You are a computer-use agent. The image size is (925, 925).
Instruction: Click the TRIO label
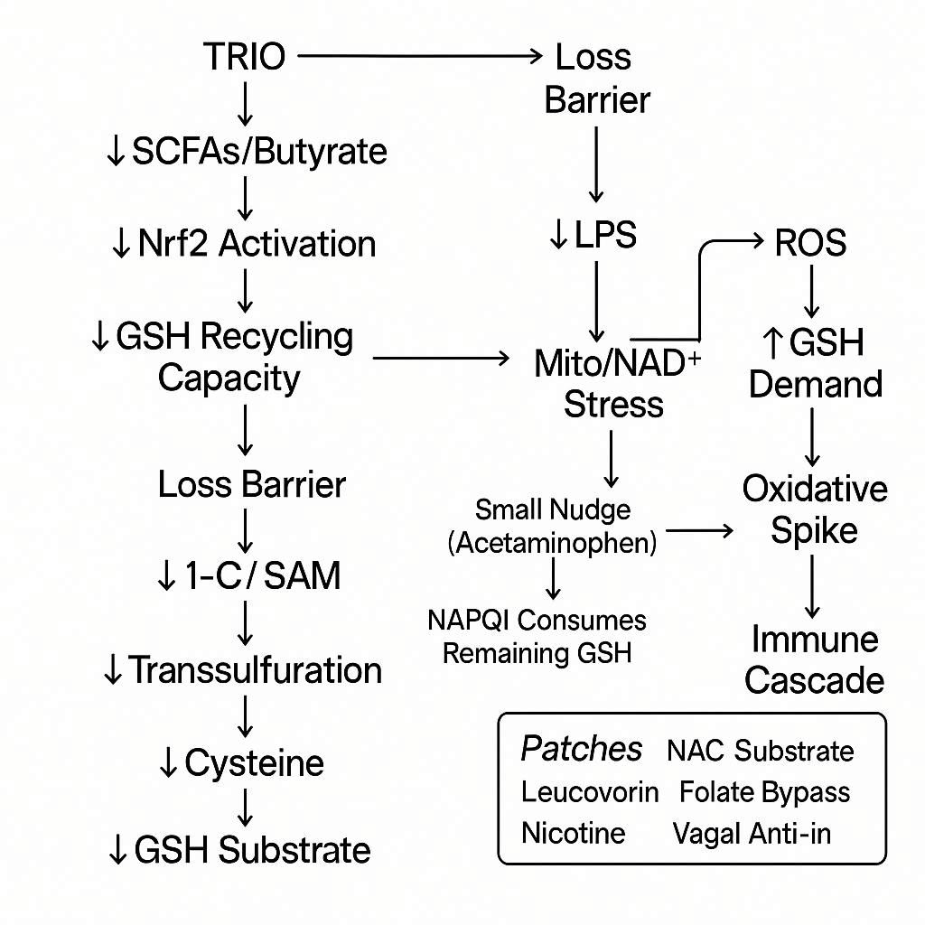[244, 56]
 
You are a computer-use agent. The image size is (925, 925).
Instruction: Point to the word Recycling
[277, 336]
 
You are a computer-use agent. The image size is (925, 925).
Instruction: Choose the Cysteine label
[253, 763]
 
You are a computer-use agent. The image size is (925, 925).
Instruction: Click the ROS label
[810, 243]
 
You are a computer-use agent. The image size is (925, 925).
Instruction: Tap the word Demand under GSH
[816, 384]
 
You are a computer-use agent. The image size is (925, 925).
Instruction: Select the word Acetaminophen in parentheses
[553, 543]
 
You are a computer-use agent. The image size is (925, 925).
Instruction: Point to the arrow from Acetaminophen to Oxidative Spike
[699, 532]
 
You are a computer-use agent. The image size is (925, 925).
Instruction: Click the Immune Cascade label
[815, 659]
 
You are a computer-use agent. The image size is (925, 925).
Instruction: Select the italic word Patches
[582, 749]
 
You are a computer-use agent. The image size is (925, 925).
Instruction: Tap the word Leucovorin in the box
[590, 792]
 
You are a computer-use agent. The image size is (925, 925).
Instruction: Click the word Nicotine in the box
[573, 832]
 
